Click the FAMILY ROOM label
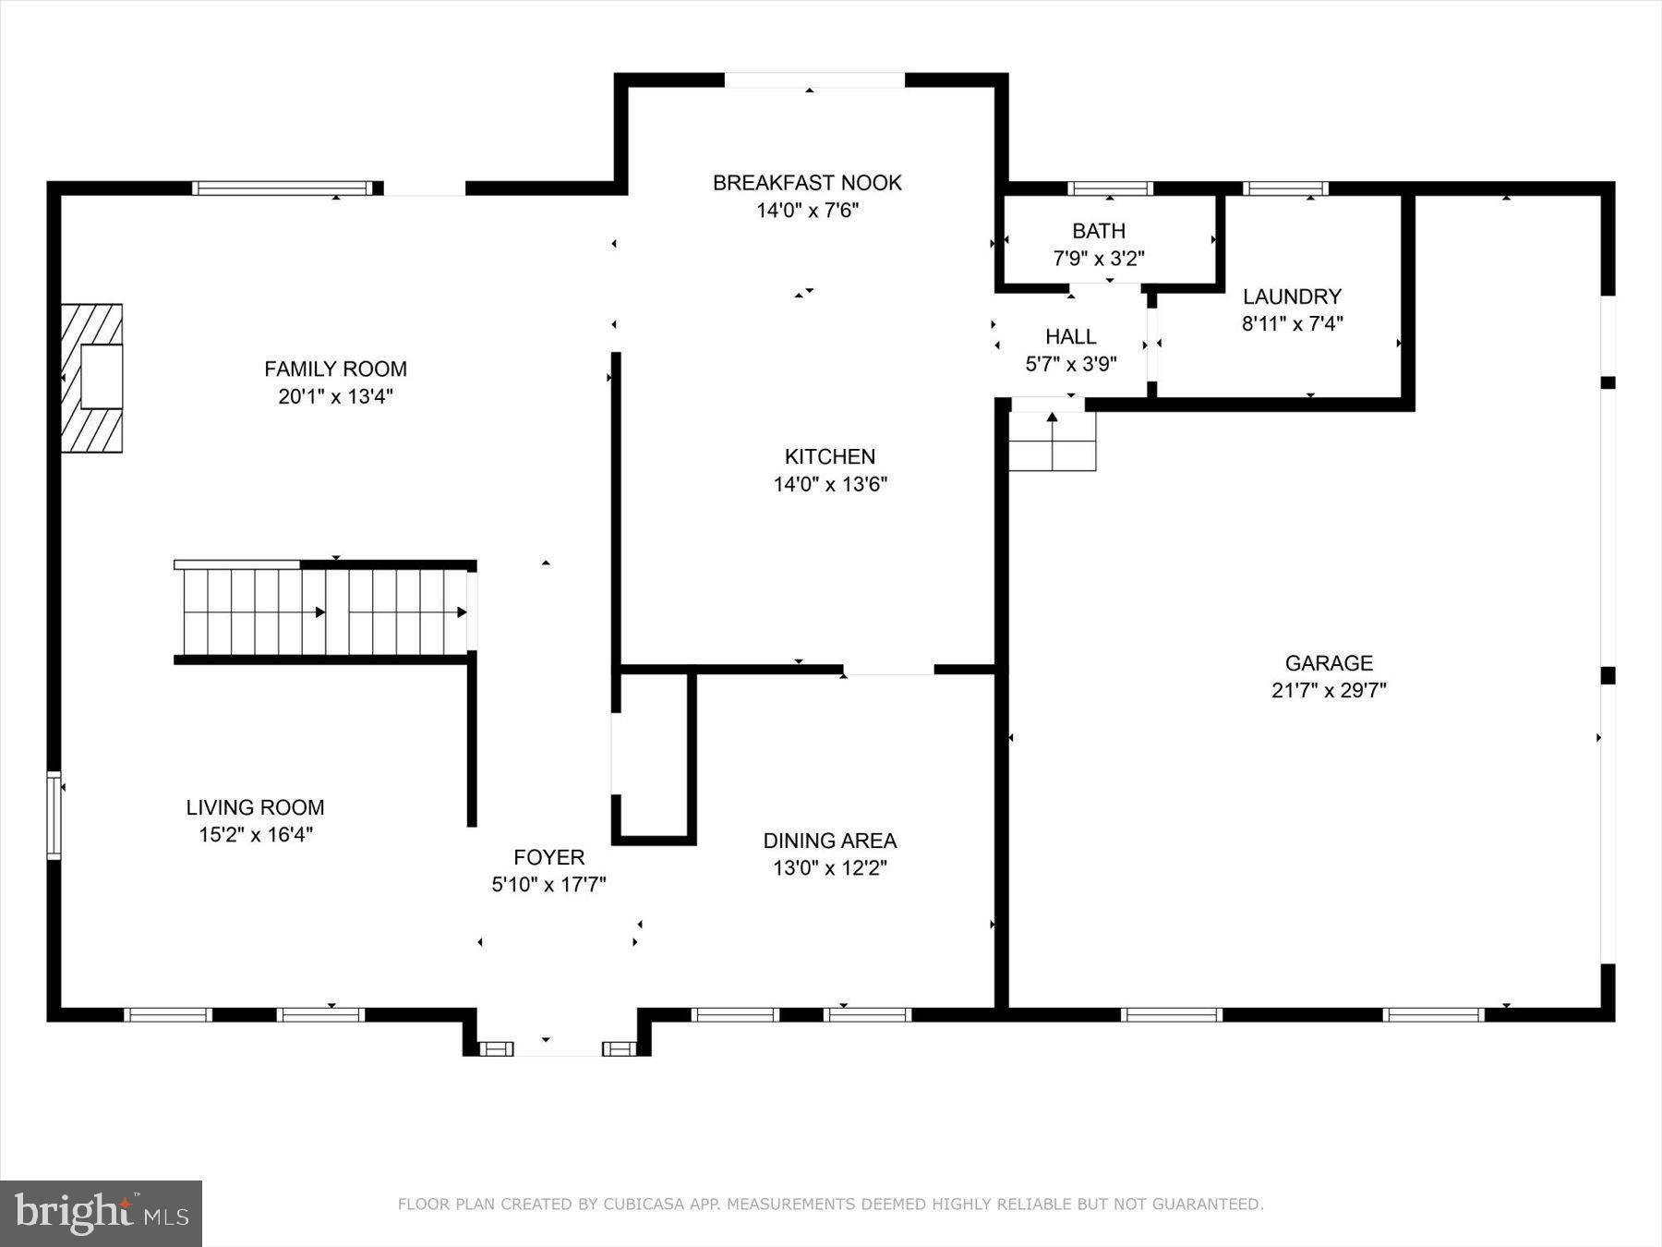335,369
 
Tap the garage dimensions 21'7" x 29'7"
1329,690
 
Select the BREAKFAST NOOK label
807,183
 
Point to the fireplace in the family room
92,378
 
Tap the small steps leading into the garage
1052,442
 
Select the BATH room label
1099,231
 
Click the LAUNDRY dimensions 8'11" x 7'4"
1292,323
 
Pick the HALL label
1071,336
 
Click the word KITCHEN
830,456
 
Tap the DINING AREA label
829,841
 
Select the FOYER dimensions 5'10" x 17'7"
548,885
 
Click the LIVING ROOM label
255,807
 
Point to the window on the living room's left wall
54,816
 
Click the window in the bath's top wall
1110,188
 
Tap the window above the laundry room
1285,188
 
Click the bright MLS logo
101,1213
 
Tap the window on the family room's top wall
283,188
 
